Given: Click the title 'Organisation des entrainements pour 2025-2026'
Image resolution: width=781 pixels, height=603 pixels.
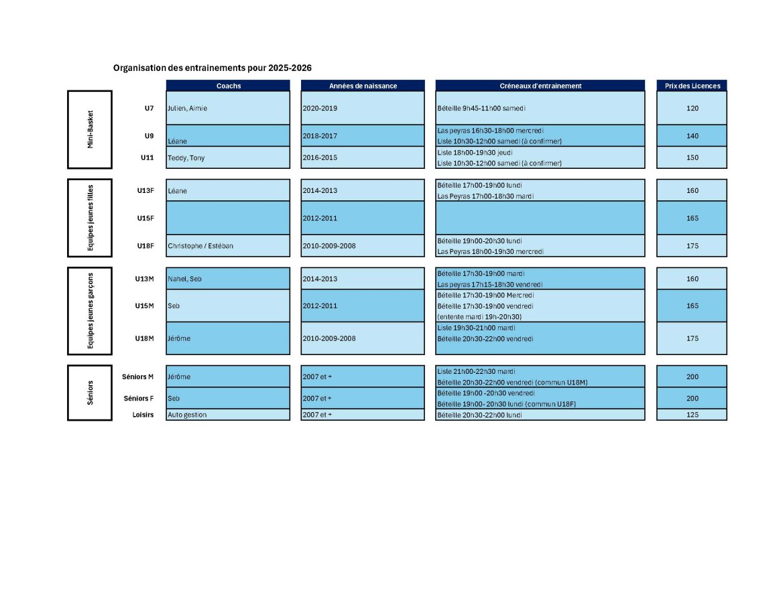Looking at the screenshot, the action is click(x=213, y=68).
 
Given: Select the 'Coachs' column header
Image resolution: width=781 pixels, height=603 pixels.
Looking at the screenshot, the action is click(x=229, y=86).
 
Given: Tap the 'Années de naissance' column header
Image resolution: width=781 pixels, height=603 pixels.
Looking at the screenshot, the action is click(x=363, y=86).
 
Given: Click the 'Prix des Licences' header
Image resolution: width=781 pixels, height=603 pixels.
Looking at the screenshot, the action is click(x=693, y=86).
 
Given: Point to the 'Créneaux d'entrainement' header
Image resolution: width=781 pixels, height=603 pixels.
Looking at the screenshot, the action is click(x=540, y=86).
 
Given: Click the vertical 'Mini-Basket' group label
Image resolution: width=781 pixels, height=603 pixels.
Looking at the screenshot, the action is click(x=90, y=129).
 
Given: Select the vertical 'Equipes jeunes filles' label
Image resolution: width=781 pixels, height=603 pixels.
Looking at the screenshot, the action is click(x=90, y=218).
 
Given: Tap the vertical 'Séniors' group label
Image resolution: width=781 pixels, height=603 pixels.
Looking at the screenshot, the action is click(x=90, y=393).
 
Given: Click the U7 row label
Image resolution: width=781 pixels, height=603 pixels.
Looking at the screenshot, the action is click(x=149, y=108).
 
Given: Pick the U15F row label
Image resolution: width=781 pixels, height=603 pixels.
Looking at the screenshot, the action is click(x=145, y=218).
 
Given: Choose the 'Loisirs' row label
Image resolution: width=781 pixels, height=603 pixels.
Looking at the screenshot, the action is click(x=143, y=415).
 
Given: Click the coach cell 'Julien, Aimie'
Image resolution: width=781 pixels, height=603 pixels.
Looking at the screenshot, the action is click(x=187, y=108).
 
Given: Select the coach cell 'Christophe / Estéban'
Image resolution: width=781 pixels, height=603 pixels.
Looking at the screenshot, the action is click(x=200, y=246).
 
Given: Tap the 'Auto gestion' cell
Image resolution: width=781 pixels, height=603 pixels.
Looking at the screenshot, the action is click(x=187, y=415).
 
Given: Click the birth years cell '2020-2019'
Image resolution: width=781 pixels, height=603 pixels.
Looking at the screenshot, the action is click(x=320, y=108).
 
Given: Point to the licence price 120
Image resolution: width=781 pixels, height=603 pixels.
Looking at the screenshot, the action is click(x=693, y=108).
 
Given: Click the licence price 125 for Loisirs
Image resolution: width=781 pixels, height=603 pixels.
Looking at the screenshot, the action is click(x=693, y=415).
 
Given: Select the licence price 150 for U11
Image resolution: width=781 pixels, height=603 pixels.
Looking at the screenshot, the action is click(x=693, y=157).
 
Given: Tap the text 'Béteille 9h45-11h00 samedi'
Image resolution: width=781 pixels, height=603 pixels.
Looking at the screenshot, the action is click(x=481, y=108).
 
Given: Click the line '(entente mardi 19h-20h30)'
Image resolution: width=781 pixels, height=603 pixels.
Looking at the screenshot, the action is click(x=479, y=317).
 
